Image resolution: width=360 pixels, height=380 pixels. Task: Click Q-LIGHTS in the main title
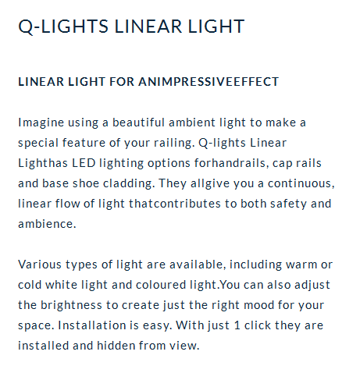pos(63,27)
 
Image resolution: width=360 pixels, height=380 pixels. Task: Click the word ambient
pos(192,123)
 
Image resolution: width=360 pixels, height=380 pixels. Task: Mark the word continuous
pos(301,183)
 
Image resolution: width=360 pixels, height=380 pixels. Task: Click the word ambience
pos(47,224)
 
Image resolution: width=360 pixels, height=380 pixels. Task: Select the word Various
pos(40,265)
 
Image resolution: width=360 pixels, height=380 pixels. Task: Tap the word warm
pos(301,265)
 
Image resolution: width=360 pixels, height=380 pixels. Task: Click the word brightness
pos(71,305)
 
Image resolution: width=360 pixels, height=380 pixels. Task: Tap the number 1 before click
pos(237,325)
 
